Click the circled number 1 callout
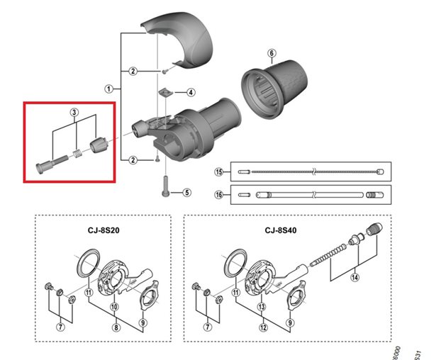108,89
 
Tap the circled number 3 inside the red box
73,113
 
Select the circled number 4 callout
191,92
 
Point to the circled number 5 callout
187,192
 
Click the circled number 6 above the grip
271,53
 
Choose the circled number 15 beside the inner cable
219,171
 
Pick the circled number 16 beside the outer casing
219,193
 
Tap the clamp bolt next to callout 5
164,185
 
